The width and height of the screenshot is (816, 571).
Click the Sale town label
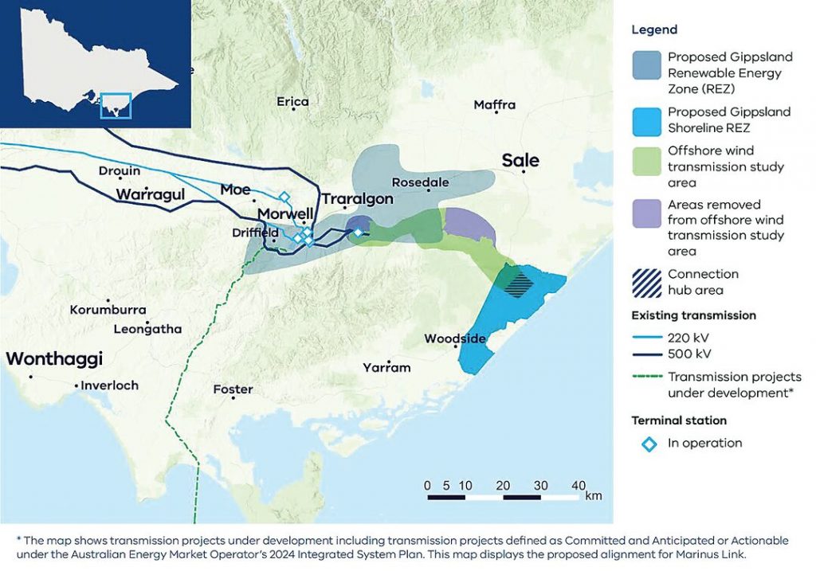(520, 160)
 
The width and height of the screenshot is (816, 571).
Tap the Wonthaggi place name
(54, 359)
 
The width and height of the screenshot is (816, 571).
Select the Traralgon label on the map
(357, 198)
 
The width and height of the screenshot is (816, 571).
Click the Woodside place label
(454, 338)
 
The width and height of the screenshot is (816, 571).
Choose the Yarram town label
(386, 367)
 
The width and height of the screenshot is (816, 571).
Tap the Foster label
(233, 389)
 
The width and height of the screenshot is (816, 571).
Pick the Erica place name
(292, 101)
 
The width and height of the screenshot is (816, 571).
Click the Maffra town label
(494, 104)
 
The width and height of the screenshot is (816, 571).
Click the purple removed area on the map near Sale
(469, 225)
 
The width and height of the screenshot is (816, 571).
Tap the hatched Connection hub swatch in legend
(649, 281)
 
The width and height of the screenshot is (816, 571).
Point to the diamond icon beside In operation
(649, 444)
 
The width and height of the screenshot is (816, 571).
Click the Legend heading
(654, 29)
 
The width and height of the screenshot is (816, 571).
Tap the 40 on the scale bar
(579, 485)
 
